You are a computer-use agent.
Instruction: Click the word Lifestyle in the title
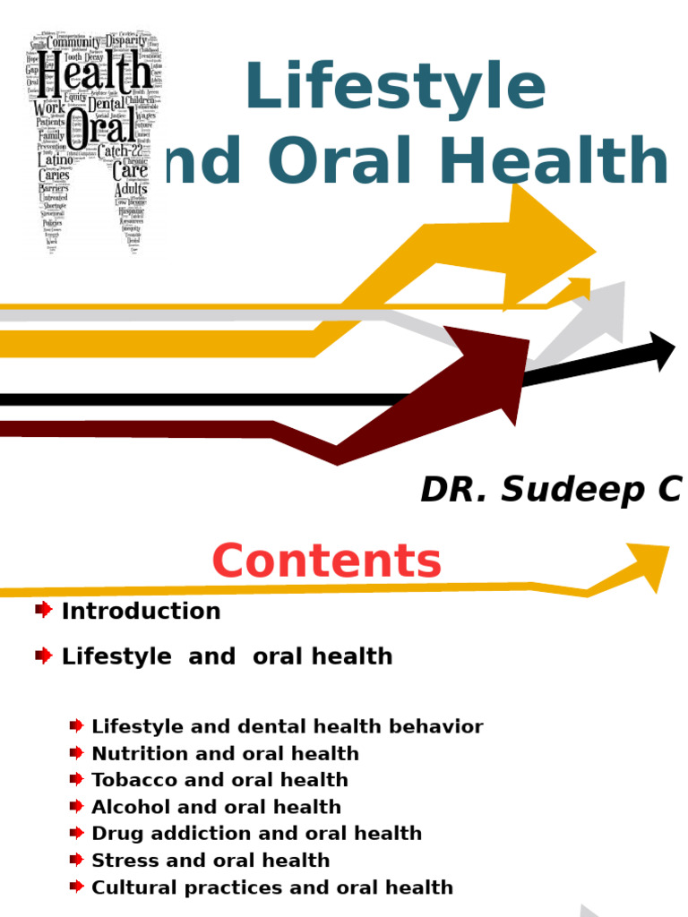pyautogui.click(x=394, y=88)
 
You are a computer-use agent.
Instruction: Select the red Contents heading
pyautogui.click(x=327, y=561)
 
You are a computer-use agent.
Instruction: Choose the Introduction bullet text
pyautogui.click(x=141, y=611)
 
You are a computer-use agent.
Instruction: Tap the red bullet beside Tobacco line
pyautogui.click(x=77, y=779)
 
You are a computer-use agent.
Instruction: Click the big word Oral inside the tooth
pyautogui.click(x=101, y=125)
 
